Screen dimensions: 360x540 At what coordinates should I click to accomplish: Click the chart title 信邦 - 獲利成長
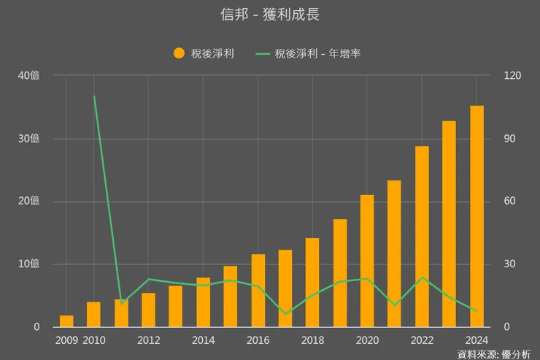pyautogui.click(x=270, y=15)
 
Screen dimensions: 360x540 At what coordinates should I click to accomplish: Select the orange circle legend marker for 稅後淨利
pyautogui.click(x=179, y=53)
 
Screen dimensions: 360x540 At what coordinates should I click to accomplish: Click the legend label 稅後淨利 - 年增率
pyautogui.click(x=318, y=53)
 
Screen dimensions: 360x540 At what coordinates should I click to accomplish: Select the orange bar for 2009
pyautogui.click(x=66, y=321)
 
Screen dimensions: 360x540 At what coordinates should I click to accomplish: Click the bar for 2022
pyautogui.click(x=422, y=237)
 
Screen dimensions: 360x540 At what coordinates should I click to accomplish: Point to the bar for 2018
pyautogui.click(x=312, y=283)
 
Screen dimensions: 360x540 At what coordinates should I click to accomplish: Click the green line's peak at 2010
pyautogui.click(x=94, y=96)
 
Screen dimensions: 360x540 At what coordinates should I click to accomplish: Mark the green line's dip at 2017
pyautogui.click(x=285, y=314)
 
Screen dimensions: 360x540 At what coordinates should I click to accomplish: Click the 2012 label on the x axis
pyautogui.click(x=148, y=340)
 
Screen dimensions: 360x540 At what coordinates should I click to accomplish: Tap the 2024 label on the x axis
pyautogui.click(x=476, y=340)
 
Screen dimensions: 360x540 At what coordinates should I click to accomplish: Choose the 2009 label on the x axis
pyautogui.click(x=66, y=340)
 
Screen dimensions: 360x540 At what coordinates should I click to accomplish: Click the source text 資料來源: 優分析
pyautogui.click(x=493, y=354)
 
